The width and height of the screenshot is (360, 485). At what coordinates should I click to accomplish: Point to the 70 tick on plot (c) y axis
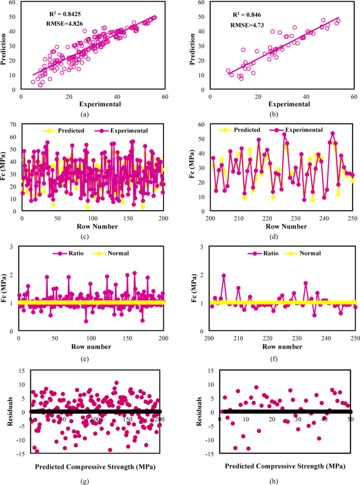(x=14, y=125)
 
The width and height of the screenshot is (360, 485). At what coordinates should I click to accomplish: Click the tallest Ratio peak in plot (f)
(x=224, y=275)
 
